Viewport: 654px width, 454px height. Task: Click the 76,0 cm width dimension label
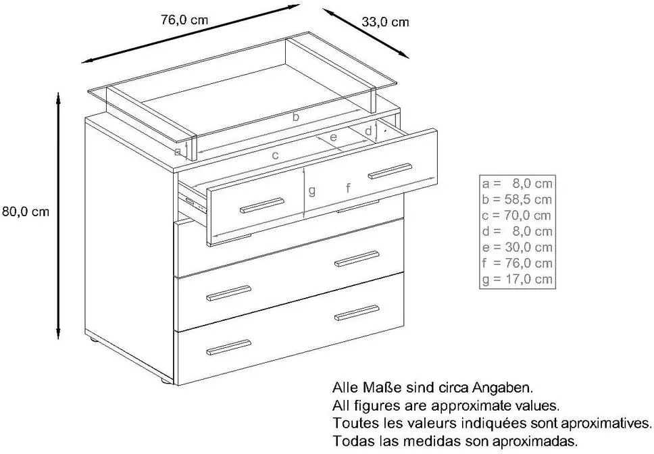click(184, 20)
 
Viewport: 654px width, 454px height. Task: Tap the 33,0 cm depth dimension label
click(385, 22)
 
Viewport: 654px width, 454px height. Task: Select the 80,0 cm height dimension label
click(26, 211)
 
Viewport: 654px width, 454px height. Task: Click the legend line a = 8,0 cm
click(517, 184)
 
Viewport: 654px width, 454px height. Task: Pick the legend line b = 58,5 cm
click(517, 199)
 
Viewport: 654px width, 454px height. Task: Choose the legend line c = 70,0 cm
click(517, 216)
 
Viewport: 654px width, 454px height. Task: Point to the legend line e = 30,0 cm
click(517, 247)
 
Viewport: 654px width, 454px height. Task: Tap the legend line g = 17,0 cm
click(517, 279)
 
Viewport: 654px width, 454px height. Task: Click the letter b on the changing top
click(296, 117)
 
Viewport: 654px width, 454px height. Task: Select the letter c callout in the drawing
click(275, 156)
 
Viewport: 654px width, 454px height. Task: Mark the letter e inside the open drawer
click(333, 136)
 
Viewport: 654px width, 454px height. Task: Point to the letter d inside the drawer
click(368, 131)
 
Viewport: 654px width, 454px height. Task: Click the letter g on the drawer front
click(311, 191)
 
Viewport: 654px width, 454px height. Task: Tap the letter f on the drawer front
click(348, 188)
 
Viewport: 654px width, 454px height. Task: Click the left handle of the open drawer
click(262, 205)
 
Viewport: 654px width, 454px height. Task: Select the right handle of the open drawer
click(390, 172)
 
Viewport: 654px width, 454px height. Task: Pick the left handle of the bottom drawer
click(228, 347)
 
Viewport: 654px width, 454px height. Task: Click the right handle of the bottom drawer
click(357, 313)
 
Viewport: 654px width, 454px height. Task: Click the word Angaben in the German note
click(503, 388)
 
